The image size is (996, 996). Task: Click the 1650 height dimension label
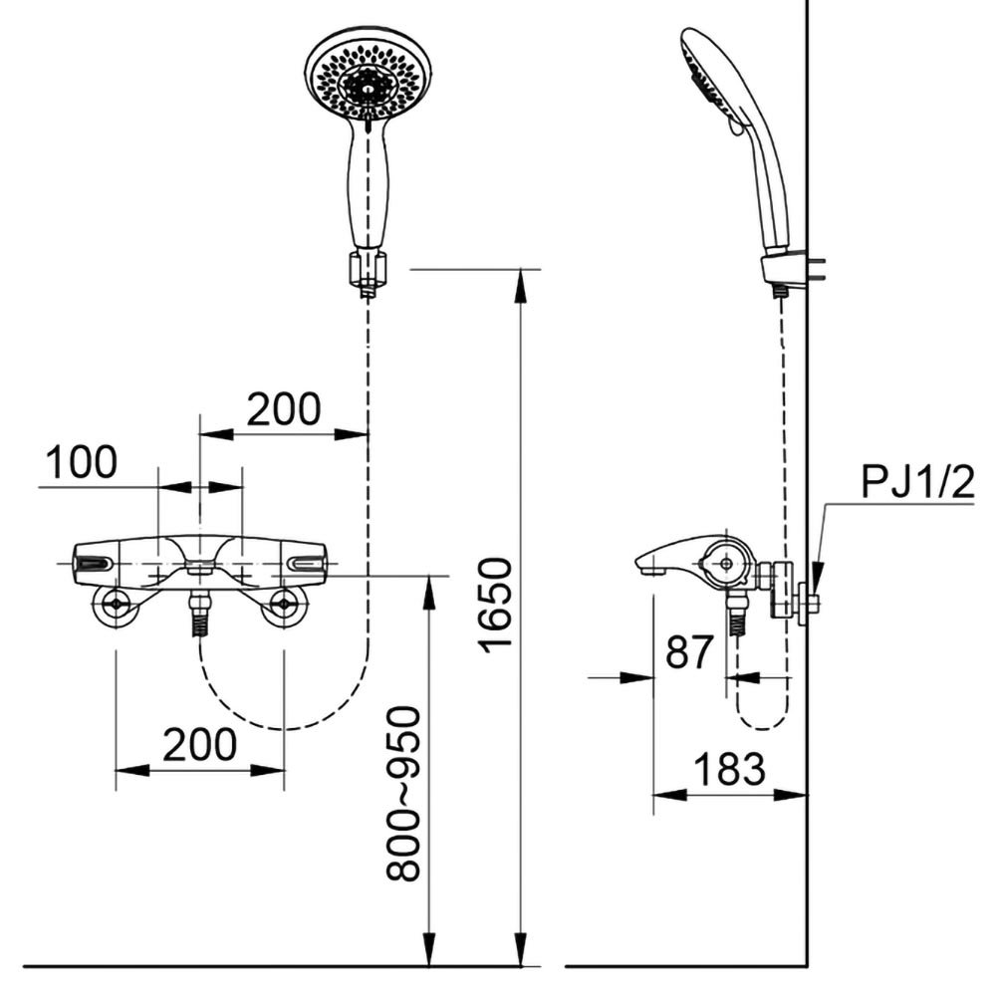click(x=495, y=605)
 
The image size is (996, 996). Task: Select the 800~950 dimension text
click(x=404, y=793)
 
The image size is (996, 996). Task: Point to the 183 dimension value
click(x=729, y=769)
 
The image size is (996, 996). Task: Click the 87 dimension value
click(x=688, y=652)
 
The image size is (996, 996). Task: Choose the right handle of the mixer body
click(x=305, y=564)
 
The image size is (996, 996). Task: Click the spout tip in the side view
click(x=648, y=567)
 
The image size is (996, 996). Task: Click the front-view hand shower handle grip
click(x=369, y=184)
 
